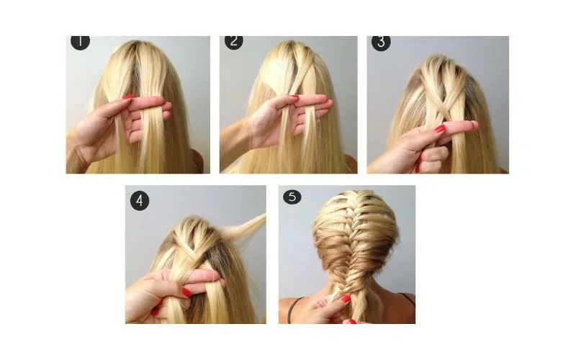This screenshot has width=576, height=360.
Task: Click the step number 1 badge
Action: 80,42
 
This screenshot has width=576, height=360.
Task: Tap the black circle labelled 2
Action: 234,42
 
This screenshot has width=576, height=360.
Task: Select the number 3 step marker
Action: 381,42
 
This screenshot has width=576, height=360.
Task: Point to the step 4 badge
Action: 140,201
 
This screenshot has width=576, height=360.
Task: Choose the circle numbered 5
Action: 292,197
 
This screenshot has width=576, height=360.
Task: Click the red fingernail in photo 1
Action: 128,96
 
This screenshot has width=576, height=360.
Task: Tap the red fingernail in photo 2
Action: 295,97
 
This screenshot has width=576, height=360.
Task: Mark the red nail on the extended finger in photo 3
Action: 440,128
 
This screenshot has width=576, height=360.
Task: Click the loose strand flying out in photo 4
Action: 246,227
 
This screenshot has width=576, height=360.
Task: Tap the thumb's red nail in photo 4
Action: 187,292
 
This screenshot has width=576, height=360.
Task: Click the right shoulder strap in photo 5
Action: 407,298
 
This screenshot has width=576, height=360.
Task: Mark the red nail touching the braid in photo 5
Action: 346,299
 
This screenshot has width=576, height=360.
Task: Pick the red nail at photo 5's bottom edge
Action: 350,321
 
